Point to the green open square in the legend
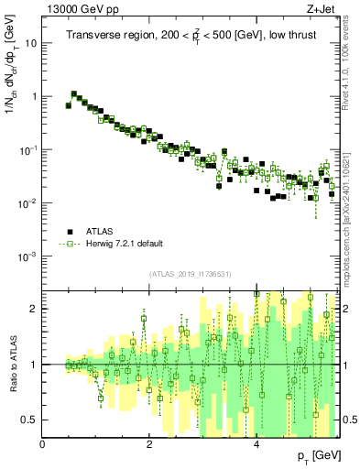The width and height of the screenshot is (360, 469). tap(69, 245)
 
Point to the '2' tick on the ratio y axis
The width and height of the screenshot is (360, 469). tap(34, 309)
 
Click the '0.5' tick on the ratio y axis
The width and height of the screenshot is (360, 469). tap(30, 420)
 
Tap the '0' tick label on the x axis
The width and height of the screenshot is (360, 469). tap(43, 445)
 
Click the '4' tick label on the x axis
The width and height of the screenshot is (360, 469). tap(256, 445)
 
